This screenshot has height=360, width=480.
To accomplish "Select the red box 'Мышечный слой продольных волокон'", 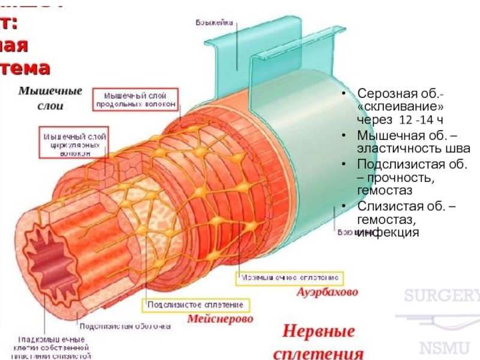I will [136, 100].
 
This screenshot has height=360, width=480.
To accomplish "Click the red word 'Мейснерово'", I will [220, 319].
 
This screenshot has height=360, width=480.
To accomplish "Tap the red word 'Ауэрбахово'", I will [328, 293].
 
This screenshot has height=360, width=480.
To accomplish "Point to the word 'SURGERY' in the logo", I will [441, 296].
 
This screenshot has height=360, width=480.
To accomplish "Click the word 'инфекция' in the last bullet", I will [387, 233].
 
